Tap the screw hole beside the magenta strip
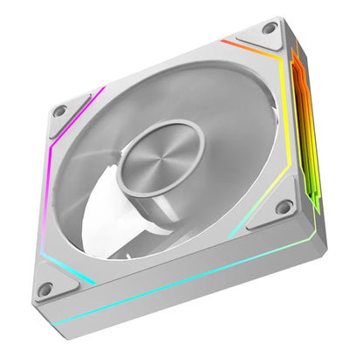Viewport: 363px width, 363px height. (x=60, y=112)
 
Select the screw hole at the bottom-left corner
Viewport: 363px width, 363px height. (x=45, y=288)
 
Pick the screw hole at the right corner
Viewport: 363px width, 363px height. (x=284, y=207)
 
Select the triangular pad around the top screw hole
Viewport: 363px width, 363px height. (x=262, y=36)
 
